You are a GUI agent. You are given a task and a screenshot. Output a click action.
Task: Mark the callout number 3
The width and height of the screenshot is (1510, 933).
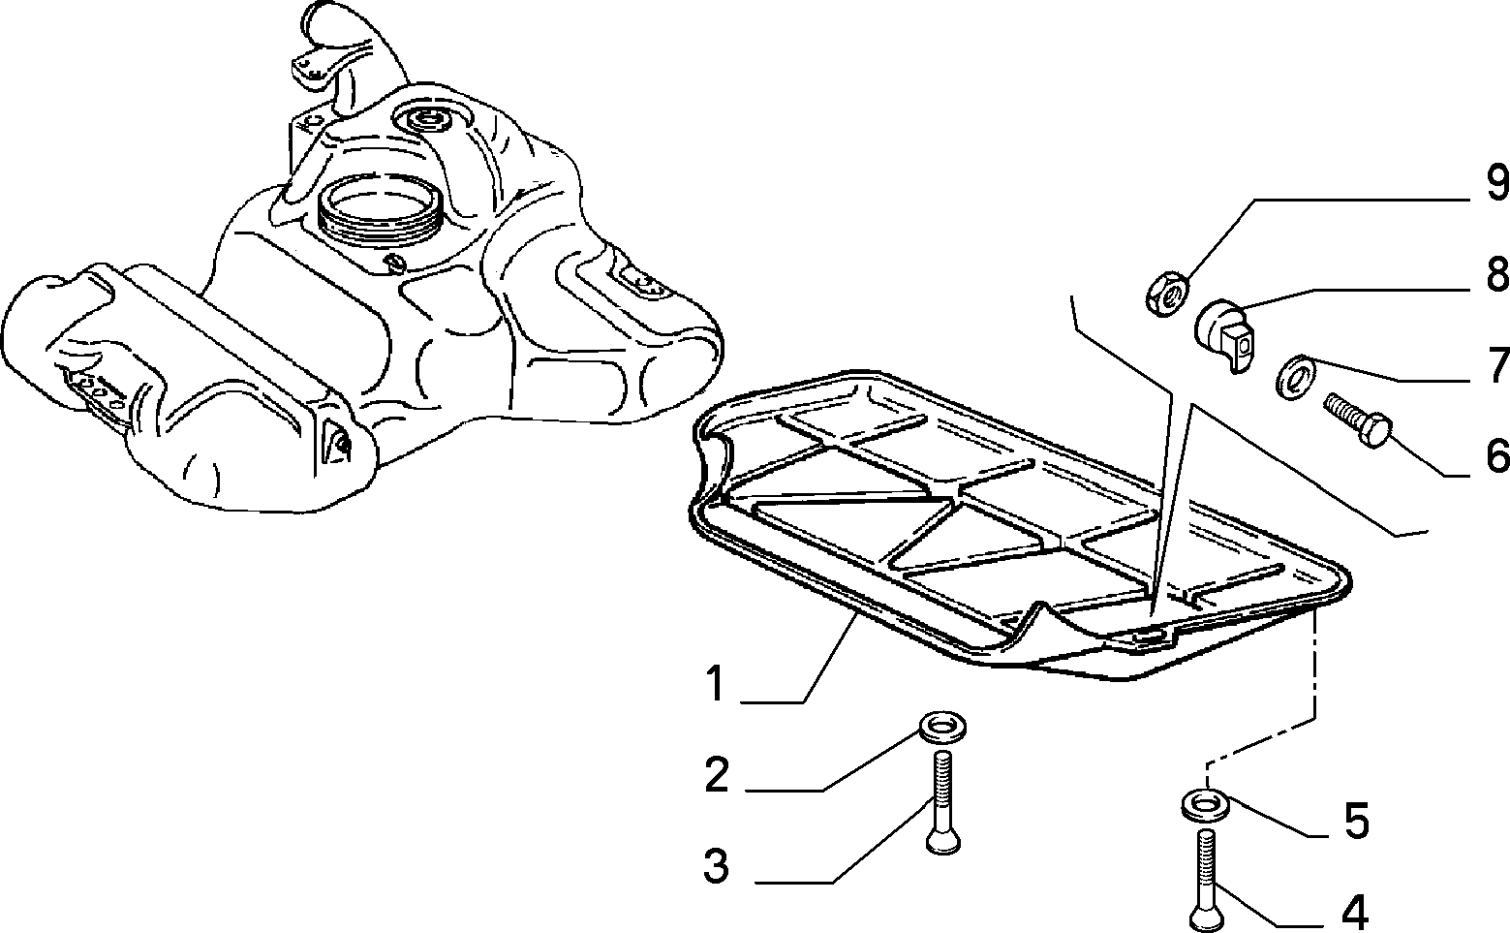[x=716, y=865]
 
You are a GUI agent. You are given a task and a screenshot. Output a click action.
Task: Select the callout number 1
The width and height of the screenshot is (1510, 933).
[x=715, y=683]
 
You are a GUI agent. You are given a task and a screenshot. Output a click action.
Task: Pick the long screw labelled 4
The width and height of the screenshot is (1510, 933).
[x=1207, y=881]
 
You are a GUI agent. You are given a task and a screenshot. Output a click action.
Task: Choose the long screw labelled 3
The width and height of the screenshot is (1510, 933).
[x=943, y=803]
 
